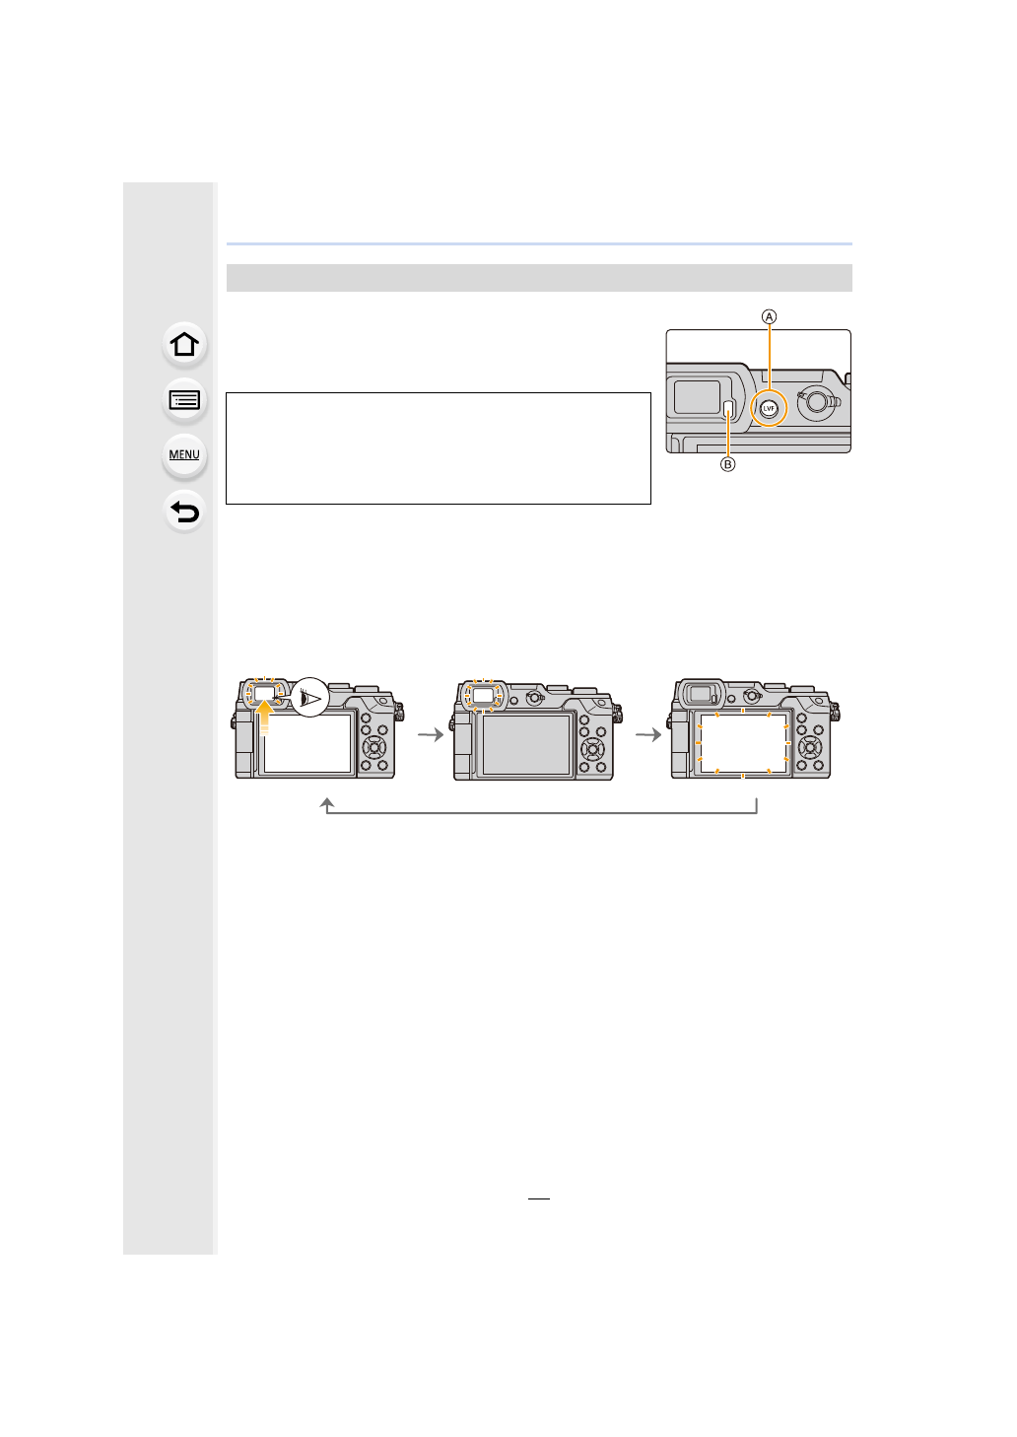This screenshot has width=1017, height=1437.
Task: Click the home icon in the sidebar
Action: coord(184,345)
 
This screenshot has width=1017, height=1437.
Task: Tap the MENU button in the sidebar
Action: coord(184,454)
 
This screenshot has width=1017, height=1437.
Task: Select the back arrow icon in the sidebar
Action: coord(184,512)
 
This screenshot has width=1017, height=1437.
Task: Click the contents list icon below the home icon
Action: coord(184,400)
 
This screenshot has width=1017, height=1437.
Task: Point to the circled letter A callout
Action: coord(769,317)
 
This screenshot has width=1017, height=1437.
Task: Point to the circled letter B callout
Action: coord(728,464)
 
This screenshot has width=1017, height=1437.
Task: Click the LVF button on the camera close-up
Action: coord(769,408)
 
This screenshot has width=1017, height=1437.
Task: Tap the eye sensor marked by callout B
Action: coord(728,409)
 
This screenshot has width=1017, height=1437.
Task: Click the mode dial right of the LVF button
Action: coord(818,401)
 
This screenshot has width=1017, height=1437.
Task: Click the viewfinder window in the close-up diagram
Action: coord(697,397)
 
